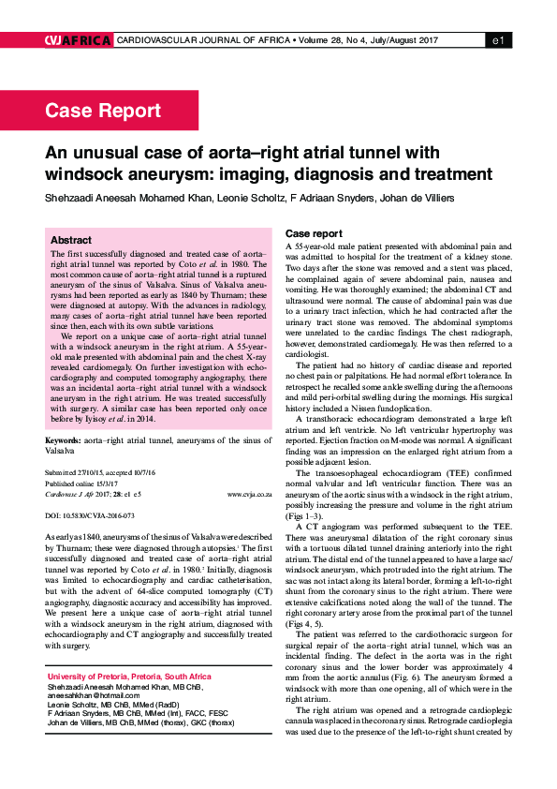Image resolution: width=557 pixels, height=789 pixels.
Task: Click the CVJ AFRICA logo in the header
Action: click(78, 40)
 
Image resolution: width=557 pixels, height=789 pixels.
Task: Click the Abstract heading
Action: click(71, 240)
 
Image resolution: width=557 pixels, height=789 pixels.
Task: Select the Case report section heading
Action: click(314, 232)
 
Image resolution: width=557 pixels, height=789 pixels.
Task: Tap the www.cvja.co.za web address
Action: click(249, 492)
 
